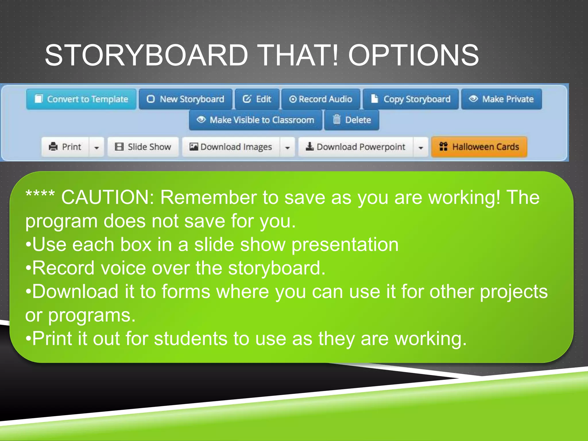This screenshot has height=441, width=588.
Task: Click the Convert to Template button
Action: [x=81, y=99]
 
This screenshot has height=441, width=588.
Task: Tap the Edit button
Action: [x=257, y=99]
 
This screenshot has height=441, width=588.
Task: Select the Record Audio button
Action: [x=320, y=99]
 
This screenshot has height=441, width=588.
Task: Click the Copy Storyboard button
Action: [x=411, y=99]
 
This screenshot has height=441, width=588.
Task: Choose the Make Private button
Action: [x=501, y=99]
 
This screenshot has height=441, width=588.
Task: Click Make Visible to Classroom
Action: [x=256, y=120]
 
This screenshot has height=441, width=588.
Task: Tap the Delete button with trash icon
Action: [x=352, y=120]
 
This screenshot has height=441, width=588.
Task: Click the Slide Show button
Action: [x=143, y=147]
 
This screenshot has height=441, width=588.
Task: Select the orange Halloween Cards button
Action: [x=479, y=147]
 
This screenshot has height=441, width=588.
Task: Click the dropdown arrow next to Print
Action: [x=97, y=148]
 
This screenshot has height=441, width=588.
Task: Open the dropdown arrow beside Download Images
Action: [x=287, y=148]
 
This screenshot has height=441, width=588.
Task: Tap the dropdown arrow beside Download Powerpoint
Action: [x=421, y=148]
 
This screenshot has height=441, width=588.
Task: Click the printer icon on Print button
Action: [x=53, y=147]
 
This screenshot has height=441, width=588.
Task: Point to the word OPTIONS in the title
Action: [x=413, y=55]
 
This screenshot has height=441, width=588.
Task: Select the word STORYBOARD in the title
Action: [x=146, y=55]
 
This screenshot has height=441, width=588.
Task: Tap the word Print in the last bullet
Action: [x=52, y=339]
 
